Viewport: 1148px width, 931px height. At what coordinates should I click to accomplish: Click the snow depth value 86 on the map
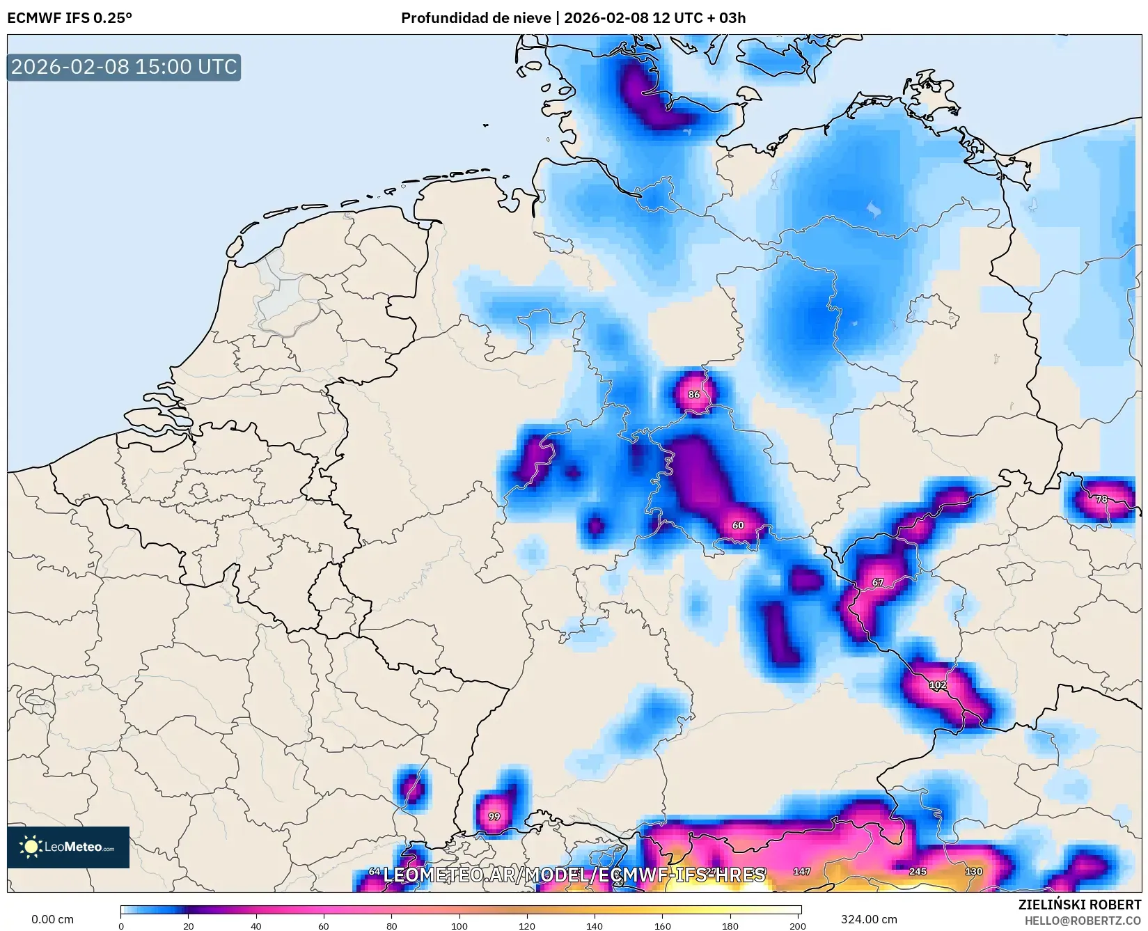(x=694, y=394)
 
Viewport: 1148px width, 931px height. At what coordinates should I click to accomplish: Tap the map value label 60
(x=738, y=525)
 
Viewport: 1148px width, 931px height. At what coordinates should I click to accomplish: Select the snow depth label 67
(x=878, y=582)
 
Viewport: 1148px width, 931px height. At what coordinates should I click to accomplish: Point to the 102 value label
(x=938, y=685)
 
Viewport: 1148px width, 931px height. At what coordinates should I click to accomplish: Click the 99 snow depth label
(x=494, y=816)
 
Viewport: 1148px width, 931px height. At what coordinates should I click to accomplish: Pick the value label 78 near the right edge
(x=1101, y=499)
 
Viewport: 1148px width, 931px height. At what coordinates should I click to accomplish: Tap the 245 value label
(x=918, y=871)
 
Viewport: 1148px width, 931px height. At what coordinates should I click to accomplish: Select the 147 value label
(x=802, y=871)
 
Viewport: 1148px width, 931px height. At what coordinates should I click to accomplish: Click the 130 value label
(x=973, y=871)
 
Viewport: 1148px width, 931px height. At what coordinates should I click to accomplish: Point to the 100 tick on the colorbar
(x=459, y=926)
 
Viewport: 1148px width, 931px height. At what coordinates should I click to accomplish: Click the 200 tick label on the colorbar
(x=798, y=926)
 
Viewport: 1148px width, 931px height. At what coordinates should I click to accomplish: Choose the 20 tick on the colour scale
(x=189, y=926)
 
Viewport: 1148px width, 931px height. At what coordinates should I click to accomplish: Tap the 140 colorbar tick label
(x=595, y=926)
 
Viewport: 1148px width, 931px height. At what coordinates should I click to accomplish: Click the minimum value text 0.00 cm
(x=53, y=919)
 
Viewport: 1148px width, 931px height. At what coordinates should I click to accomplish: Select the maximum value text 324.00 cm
(x=869, y=919)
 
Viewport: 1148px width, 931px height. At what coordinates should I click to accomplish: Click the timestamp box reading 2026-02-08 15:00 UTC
(x=124, y=67)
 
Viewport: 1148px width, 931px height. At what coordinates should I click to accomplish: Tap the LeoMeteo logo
(x=68, y=847)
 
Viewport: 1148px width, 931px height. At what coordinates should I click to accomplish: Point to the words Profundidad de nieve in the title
(x=476, y=18)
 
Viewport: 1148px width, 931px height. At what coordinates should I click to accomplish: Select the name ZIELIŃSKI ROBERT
(x=1079, y=905)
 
